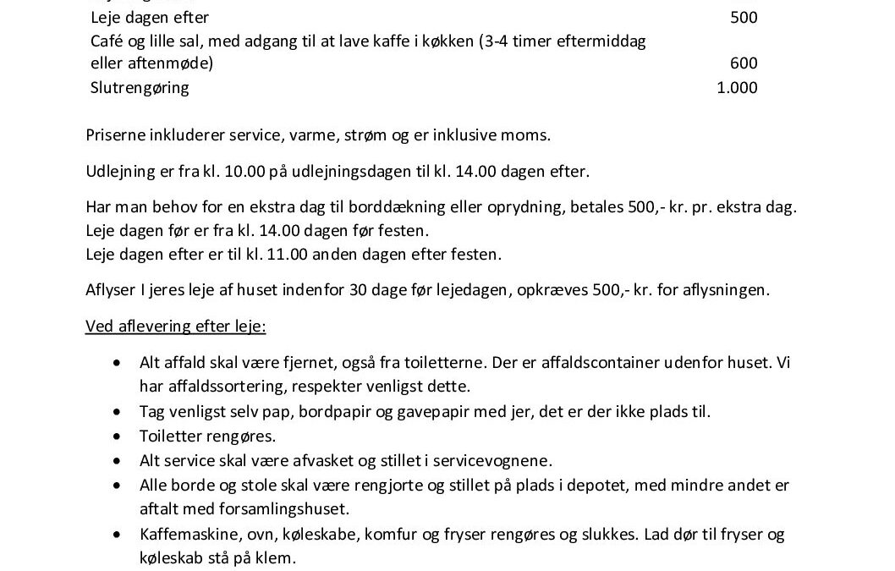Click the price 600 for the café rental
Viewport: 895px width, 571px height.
[x=744, y=63]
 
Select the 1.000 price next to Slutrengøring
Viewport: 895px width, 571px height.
[x=737, y=88]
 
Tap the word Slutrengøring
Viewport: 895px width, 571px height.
[x=140, y=88]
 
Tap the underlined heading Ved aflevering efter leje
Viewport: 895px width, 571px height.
[x=176, y=327]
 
